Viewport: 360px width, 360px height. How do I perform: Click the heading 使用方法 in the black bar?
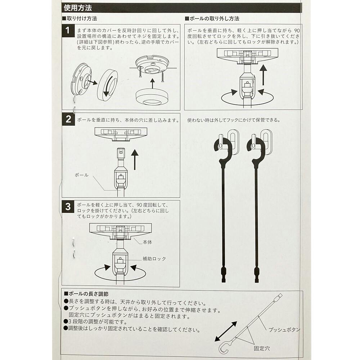pos(78,8)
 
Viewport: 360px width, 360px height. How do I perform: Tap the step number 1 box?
pos(68,30)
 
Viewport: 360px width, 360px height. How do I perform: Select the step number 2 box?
pos(68,119)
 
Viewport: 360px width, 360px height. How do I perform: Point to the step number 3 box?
pos(68,206)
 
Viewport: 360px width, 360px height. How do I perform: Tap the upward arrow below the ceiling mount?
pos(152,84)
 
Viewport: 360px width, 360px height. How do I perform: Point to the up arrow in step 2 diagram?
pos(135,159)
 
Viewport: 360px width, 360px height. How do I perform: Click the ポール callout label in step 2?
pos(81,175)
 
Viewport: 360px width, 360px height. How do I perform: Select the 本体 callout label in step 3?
pos(147,242)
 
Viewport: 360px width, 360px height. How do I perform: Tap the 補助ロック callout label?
pos(154,259)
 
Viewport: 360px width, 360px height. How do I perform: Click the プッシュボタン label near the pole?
pos(284,330)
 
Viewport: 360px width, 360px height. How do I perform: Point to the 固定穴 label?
pos(262,348)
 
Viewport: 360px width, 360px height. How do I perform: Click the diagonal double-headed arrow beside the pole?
pos(226,331)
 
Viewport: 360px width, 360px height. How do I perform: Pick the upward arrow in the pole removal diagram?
pos(264,75)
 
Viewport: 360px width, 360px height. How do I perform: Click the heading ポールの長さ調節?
pos(86,294)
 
